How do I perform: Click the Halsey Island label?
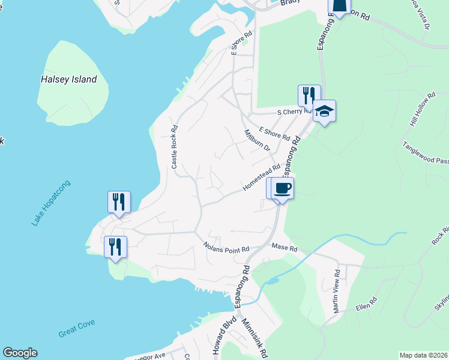click(x=68, y=79)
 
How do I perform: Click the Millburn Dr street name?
click(x=258, y=140)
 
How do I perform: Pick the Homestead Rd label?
click(x=262, y=179)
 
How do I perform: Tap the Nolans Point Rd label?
click(x=226, y=246)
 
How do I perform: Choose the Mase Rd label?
click(x=285, y=247)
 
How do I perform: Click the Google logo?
click(x=20, y=353)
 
